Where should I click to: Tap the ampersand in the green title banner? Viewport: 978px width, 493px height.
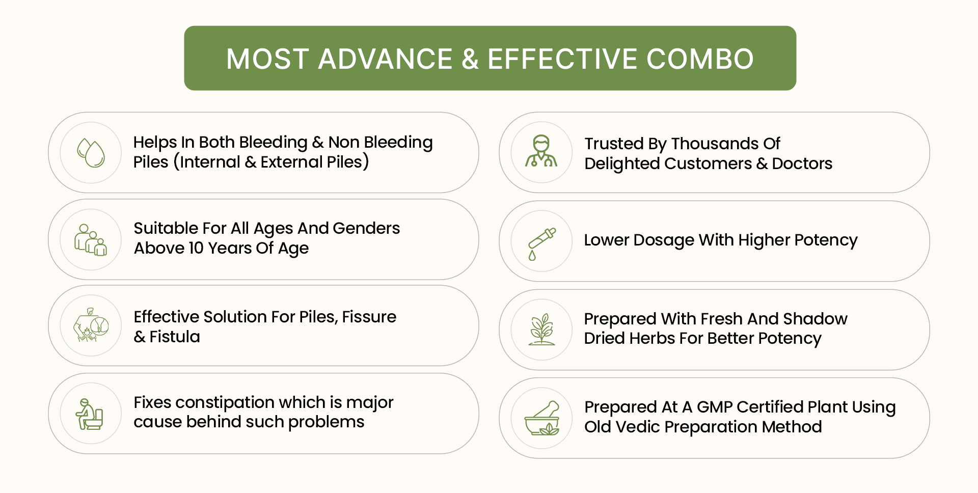470,59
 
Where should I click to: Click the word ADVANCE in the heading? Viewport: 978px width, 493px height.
385,59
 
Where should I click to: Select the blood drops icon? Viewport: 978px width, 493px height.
91,153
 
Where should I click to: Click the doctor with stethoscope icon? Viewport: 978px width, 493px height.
541,151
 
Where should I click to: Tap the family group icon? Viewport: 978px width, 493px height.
91,239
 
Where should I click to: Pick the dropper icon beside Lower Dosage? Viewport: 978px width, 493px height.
541,244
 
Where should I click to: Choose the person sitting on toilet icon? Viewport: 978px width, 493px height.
90,414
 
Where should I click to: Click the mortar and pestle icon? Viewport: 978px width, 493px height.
542,418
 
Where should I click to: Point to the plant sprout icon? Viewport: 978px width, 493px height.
541,330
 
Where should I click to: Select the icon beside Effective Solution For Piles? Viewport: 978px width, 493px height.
91,325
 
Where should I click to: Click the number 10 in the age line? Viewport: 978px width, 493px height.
196,248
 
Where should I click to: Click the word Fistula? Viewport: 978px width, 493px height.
175,337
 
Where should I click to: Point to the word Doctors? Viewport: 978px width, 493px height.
802,163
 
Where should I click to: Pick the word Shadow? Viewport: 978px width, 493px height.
815,319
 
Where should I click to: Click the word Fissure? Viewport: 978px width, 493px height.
369,317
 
